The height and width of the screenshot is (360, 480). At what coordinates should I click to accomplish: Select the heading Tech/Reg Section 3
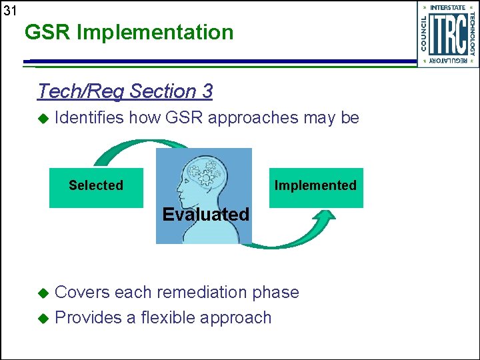coord(125,91)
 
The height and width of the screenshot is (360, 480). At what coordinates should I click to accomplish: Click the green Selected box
coord(96,187)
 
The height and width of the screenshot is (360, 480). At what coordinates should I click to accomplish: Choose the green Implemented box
coord(316,187)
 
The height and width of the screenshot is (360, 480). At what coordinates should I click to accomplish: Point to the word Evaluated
coord(205,215)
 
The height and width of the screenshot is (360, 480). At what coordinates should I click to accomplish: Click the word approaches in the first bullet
coord(253,119)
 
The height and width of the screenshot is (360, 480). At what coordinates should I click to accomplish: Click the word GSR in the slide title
coord(47,32)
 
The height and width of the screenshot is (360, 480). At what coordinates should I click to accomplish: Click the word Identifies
coord(89,119)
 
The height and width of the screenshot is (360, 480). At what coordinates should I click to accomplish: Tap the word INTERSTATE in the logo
coord(448,8)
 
